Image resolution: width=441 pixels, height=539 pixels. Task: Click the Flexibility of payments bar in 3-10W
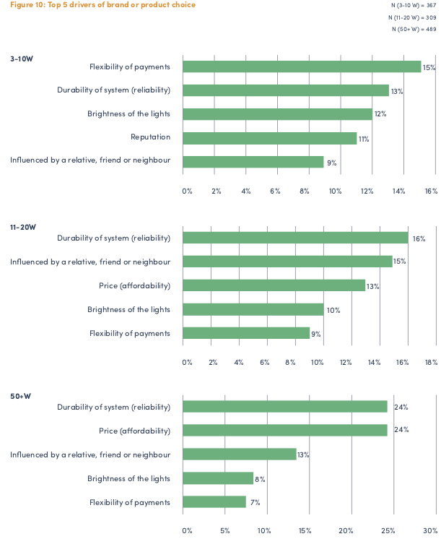click(301, 66)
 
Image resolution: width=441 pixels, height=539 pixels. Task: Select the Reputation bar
click(269, 138)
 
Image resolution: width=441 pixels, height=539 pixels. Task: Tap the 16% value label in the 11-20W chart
click(419, 238)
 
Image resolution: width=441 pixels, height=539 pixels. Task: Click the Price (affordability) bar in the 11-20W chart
click(274, 285)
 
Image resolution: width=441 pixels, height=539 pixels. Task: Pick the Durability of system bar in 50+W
click(284, 407)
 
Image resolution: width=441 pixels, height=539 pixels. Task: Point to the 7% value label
click(255, 502)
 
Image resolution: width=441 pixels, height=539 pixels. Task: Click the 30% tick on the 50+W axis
click(430, 531)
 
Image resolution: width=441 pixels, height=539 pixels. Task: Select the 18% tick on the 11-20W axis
click(431, 362)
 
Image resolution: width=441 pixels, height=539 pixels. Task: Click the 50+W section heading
click(20, 397)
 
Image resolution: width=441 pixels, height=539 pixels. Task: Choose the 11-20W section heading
click(22, 227)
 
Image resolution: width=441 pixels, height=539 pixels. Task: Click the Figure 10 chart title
click(102, 5)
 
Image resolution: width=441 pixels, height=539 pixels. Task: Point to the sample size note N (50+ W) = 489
click(414, 29)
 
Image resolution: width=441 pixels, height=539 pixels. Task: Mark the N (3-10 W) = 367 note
click(414, 5)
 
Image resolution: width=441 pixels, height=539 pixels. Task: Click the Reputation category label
click(150, 138)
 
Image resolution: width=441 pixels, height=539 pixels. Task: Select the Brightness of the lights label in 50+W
click(129, 478)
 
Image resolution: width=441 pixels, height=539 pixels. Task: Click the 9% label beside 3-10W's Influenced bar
click(331, 163)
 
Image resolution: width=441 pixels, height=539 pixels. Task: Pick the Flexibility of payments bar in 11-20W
click(245, 333)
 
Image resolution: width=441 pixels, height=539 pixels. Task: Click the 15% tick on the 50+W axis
click(305, 531)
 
